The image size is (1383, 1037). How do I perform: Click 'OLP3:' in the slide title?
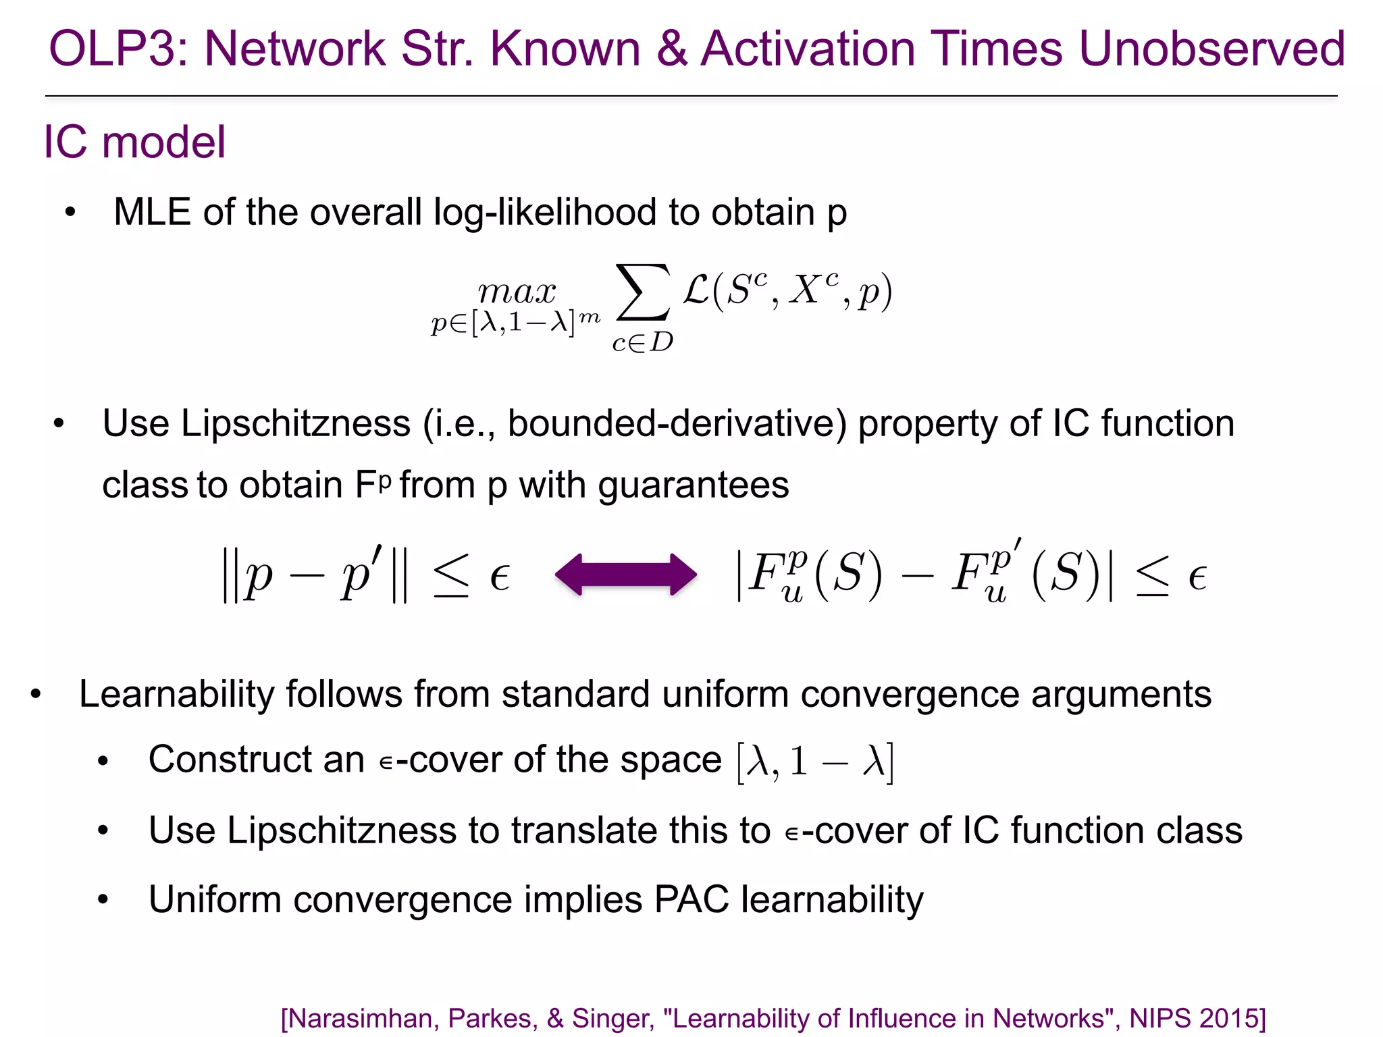(119, 49)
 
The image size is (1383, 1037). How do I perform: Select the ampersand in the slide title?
(672, 49)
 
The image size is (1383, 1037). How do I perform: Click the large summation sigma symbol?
(643, 292)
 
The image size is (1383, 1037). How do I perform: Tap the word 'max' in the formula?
(517, 292)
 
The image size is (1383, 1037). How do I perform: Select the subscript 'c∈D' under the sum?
(642, 342)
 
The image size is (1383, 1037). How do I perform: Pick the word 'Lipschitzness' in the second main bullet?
(296, 423)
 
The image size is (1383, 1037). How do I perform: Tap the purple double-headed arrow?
(625, 575)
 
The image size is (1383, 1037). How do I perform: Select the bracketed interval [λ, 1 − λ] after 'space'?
(815, 762)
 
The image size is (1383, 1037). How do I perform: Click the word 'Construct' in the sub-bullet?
(230, 759)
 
